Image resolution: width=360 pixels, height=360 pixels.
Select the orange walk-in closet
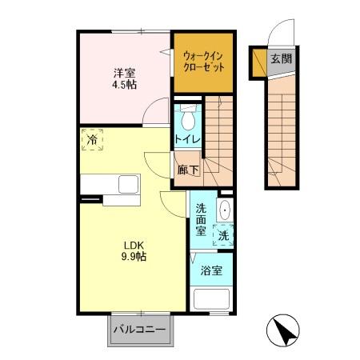[203, 62]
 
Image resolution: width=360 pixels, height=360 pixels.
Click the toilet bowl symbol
[187, 120]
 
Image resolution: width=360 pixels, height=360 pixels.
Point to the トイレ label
[187, 138]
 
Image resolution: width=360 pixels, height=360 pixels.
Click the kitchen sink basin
[128, 184]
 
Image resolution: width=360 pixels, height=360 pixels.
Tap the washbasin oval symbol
[224, 212]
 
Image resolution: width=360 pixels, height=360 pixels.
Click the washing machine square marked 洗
[224, 235]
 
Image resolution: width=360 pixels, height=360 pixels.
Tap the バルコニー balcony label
[138, 329]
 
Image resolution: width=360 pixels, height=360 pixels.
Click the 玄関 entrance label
[279, 58]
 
